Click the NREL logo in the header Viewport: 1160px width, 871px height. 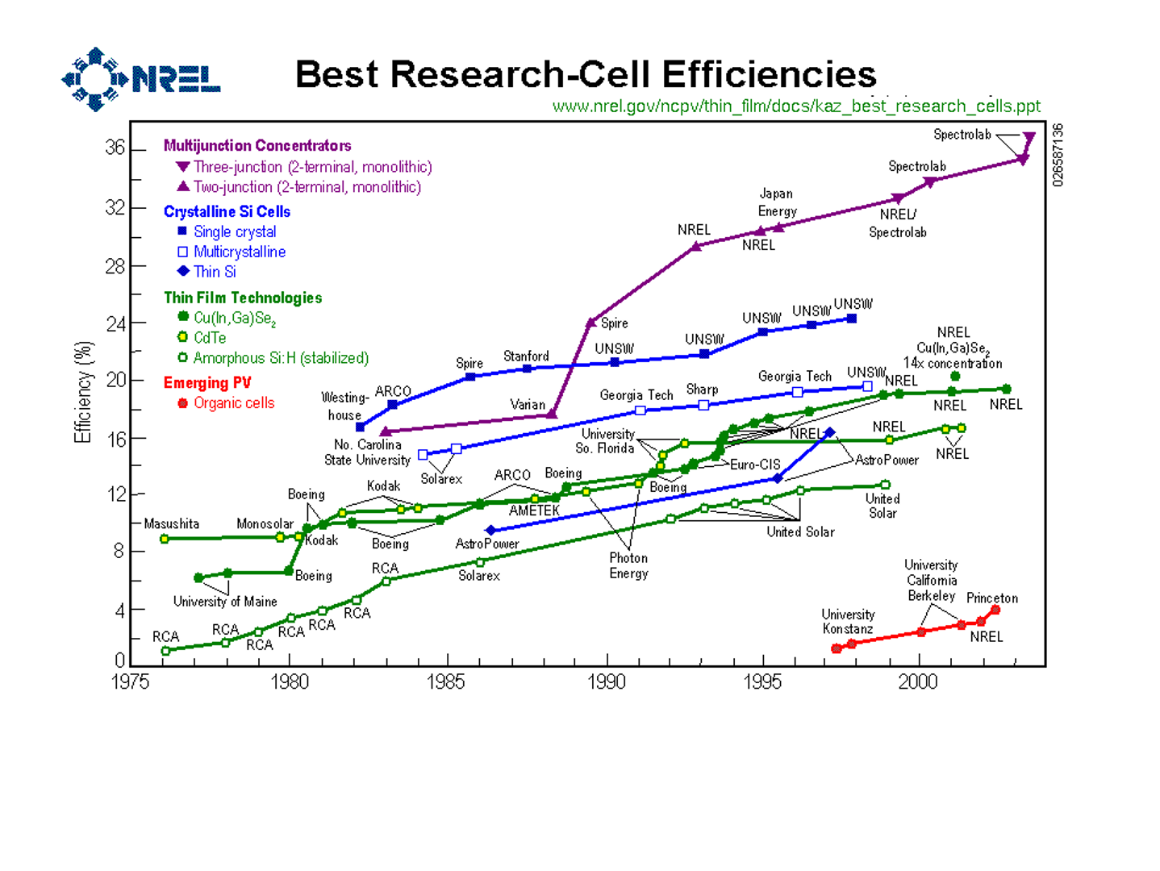pyautogui.click(x=140, y=79)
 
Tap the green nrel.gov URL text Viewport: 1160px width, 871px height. pyautogui.click(x=795, y=106)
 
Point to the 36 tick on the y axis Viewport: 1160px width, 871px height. pyautogui.click(x=115, y=148)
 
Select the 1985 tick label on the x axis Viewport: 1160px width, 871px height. pyautogui.click(x=445, y=682)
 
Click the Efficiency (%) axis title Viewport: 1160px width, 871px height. pyautogui.click(x=83, y=392)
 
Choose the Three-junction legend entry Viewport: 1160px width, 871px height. pyautogui.click(x=312, y=167)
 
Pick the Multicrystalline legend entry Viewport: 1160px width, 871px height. pyautogui.click(x=239, y=252)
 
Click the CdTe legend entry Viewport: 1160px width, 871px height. pyautogui.click(x=209, y=338)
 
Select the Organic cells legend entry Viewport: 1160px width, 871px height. pyautogui.click(x=233, y=403)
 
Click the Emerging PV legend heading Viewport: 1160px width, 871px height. pyautogui.click(x=207, y=383)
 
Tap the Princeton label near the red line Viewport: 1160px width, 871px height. pyautogui.click(x=991, y=598)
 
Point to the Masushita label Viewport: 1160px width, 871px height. pyautogui.click(x=171, y=524)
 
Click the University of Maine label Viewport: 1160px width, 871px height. pyautogui.click(x=224, y=602)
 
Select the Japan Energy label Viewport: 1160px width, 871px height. pyautogui.click(x=777, y=202)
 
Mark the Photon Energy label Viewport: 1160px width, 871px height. pyautogui.click(x=628, y=565)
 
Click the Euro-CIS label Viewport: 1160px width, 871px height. pyautogui.click(x=755, y=465)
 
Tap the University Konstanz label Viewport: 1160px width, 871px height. pyautogui.click(x=847, y=622)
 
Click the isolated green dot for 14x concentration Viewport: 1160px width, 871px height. pyautogui.click(x=955, y=377)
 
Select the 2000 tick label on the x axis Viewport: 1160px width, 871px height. pyautogui.click(x=917, y=682)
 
